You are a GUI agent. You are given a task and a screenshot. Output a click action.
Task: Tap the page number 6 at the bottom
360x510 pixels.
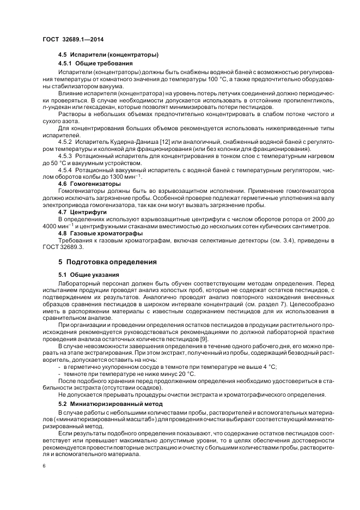44,466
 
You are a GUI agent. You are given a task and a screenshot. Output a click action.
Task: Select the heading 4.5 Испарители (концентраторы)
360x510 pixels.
108,55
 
